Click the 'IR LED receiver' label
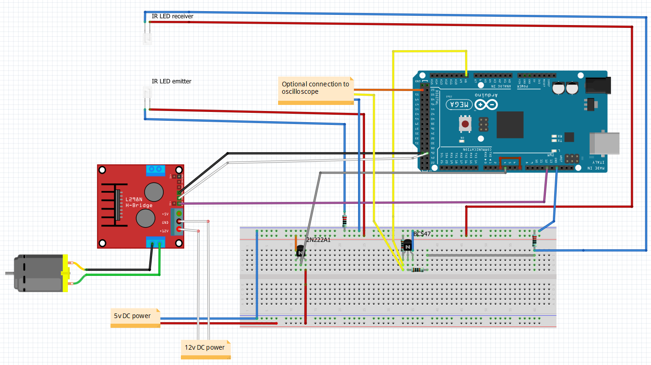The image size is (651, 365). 172,16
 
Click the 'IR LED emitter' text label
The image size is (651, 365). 171,81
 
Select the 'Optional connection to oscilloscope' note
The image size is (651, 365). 315,88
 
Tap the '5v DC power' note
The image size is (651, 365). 133,316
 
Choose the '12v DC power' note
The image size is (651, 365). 205,347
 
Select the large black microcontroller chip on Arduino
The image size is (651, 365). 510,125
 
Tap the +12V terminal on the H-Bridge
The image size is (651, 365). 179,230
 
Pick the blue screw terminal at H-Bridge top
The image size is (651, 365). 156,170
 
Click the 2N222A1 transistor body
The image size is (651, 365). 300,251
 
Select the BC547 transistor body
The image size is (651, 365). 407,245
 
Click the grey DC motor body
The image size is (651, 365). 37,274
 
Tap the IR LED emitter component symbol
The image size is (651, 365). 147,97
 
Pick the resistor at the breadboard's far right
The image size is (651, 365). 534,241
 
